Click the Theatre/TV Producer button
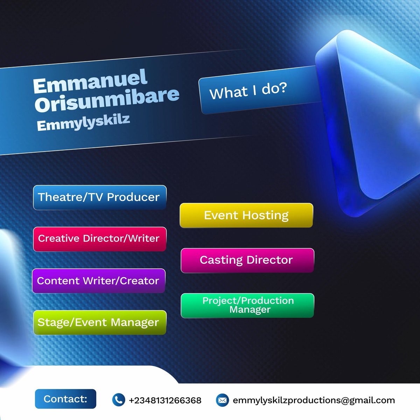(x=99, y=197)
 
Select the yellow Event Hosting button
(x=246, y=215)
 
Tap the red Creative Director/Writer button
(x=99, y=239)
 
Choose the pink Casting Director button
(x=247, y=260)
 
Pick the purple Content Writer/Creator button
(x=98, y=281)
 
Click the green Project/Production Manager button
(x=247, y=305)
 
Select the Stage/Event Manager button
(x=99, y=322)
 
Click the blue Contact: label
(x=65, y=399)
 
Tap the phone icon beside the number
(x=118, y=400)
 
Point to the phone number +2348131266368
(x=165, y=400)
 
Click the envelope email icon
(x=222, y=400)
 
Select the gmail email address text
(x=314, y=400)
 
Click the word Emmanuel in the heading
(x=90, y=82)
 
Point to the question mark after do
(x=283, y=87)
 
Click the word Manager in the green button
(x=250, y=310)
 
